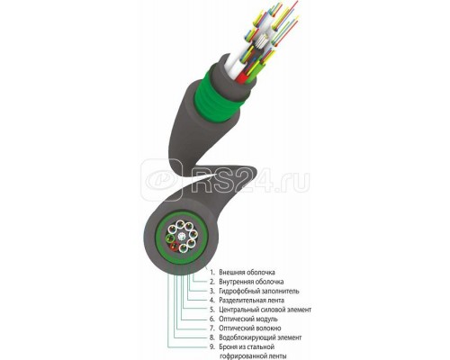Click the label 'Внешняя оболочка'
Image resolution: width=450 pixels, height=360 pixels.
pyautogui.click(x=247, y=273)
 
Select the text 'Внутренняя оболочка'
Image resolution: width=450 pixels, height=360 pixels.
pyautogui.click(x=251, y=282)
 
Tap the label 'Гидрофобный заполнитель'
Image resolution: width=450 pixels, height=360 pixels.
pyautogui.click(x=259, y=291)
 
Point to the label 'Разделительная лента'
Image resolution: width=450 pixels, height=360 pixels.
pyautogui.click(x=251, y=301)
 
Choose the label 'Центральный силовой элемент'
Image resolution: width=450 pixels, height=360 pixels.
pyautogui.click(x=265, y=310)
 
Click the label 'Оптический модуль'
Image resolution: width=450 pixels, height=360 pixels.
pyautogui.click(x=248, y=319)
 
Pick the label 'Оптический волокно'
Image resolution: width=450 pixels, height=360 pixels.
pyautogui.click(x=250, y=328)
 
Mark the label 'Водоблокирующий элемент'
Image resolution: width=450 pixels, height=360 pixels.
pyautogui.click(x=260, y=337)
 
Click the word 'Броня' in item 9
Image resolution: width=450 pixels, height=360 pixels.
pyautogui.click(x=228, y=347)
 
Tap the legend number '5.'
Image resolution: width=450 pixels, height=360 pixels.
pyautogui.click(x=212, y=310)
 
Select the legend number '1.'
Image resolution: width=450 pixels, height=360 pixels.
pyautogui.click(x=212, y=273)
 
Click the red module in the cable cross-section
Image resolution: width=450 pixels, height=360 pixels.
pyautogui.click(x=174, y=247)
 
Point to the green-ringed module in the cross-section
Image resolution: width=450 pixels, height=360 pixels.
pyautogui.click(x=170, y=238)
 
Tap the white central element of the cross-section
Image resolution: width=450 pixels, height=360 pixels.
pyautogui.click(x=181, y=238)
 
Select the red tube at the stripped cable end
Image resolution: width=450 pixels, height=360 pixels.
pyautogui.click(x=242, y=76)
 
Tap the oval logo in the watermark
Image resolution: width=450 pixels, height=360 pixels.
pyautogui.click(x=162, y=180)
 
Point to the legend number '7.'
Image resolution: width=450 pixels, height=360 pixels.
pyautogui.click(x=212, y=328)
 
